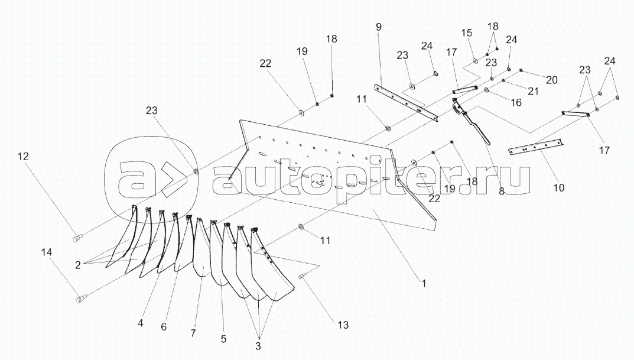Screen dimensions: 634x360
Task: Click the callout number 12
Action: point(24,156)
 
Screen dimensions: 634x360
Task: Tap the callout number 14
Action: point(47,252)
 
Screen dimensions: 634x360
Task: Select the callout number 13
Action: point(343,325)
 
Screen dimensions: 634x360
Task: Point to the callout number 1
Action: point(424,284)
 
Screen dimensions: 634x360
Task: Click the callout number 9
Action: point(379,27)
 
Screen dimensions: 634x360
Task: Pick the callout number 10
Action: point(559,188)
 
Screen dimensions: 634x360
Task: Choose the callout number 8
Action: point(502,192)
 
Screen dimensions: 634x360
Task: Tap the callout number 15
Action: point(467,33)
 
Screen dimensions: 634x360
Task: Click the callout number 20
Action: point(552,80)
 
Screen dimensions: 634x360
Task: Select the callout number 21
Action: point(534,92)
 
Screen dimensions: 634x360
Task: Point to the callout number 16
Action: point(516,103)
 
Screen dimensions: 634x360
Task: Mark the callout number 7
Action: point(193,333)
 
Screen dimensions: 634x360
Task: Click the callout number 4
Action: point(141,323)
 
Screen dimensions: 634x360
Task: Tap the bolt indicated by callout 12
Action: point(77,238)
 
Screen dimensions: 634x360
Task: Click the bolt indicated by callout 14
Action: point(80,300)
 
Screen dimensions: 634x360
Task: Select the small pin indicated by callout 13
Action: point(301,277)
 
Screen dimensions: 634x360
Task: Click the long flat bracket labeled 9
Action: point(405,103)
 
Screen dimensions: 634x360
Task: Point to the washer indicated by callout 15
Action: point(475,62)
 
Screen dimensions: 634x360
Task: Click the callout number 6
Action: point(164,327)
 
